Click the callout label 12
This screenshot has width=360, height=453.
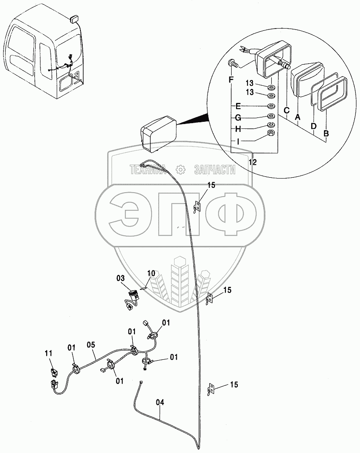coord(253,162)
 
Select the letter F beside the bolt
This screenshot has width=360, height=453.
coord(231,80)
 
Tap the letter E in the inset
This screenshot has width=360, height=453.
coord(238,106)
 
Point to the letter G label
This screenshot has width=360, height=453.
coord(238,117)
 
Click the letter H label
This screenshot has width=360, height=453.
coord(238,129)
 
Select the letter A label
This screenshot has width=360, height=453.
coord(298,117)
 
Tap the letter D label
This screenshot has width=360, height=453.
coord(313,126)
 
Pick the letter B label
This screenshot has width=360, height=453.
coord(326,132)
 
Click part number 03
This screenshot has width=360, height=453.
coord(120,278)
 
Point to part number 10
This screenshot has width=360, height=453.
coord(151,274)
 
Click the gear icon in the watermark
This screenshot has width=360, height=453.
coord(179,169)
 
